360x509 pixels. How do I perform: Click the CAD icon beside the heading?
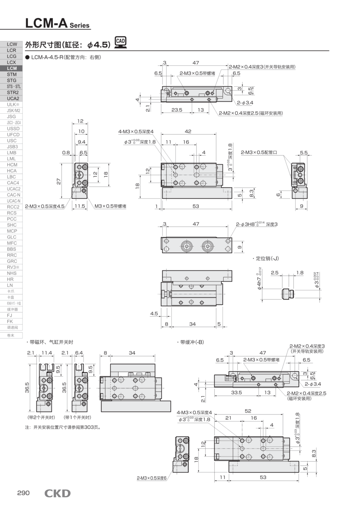click(121, 42)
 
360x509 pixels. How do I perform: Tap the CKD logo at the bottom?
click(57, 493)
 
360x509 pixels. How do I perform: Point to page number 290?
click(23, 493)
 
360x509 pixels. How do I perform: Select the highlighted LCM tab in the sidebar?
click(12, 68)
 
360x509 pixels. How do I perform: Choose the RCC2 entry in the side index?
click(12, 207)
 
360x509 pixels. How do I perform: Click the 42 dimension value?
click(188, 131)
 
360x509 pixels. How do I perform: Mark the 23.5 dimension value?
click(176, 110)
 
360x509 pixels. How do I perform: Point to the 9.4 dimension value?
click(81, 142)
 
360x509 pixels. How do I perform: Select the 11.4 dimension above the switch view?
click(47, 353)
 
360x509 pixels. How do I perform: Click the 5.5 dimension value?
click(304, 152)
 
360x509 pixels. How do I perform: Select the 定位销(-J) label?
click(267, 259)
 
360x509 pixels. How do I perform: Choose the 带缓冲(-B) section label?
click(191, 342)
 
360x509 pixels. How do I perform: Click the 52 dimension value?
click(248, 411)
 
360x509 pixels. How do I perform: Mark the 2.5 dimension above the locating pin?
click(274, 273)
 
